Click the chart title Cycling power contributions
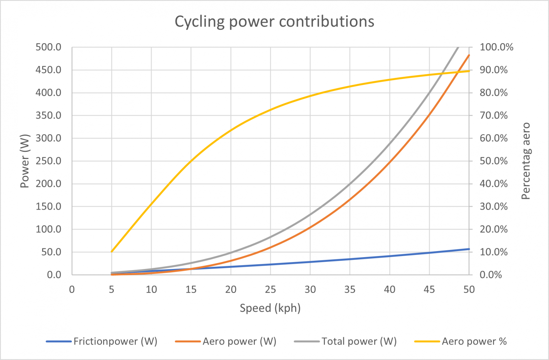coord(274,21)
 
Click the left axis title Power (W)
coord(24,161)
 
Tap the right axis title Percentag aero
coord(525,161)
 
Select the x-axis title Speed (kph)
coord(270,308)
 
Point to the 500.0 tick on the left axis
coord(49,47)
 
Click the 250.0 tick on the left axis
coord(49,161)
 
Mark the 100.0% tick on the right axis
coord(496,47)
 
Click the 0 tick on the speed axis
coord(72,289)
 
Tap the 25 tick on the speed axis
coord(270,289)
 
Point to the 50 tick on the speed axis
coord(469,289)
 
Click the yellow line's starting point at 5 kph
coord(112,251)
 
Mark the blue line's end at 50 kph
coord(469,249)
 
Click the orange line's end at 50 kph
coord(469,55)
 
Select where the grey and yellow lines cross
coord(442,74)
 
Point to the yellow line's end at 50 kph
coord(469,71)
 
